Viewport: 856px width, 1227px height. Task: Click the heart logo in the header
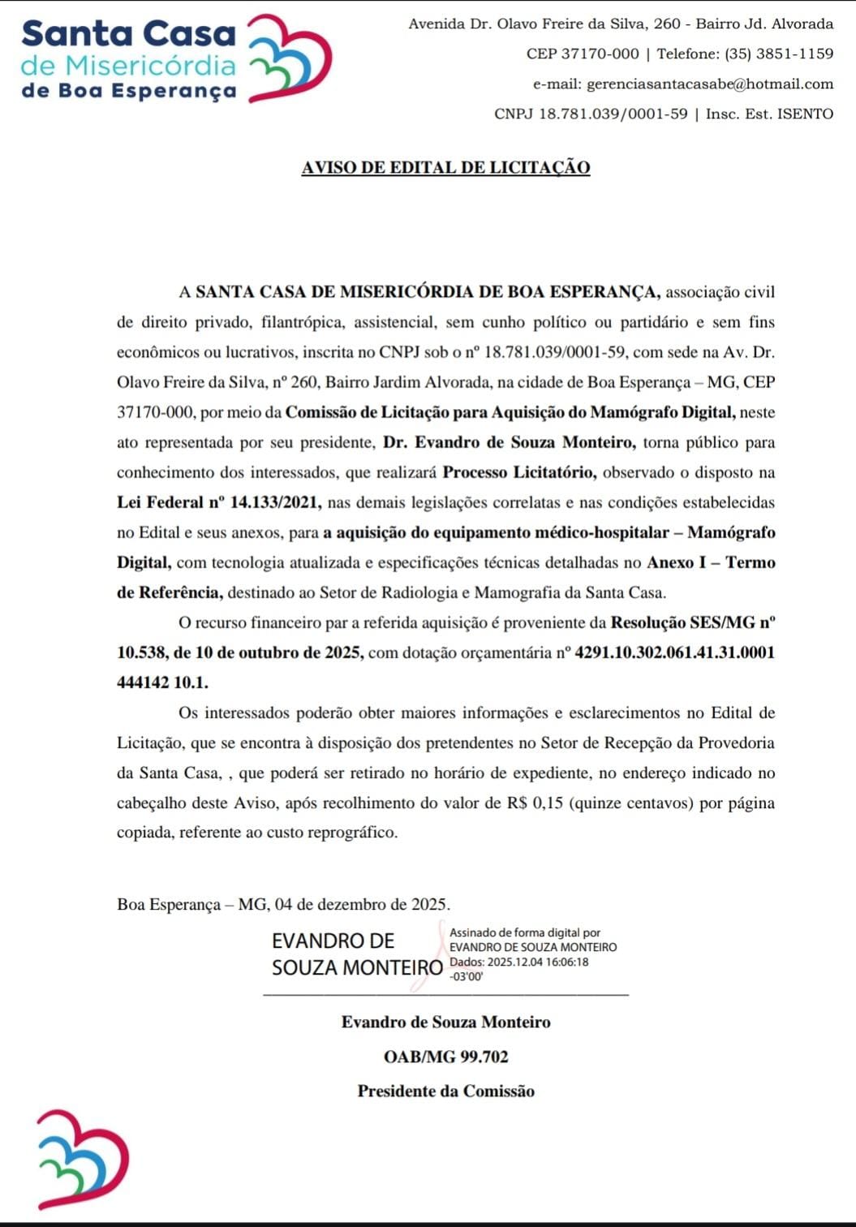pyautogui.click(x=289, y=58)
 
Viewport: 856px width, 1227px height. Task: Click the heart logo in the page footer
pyautogui.click(x=83, y=1159)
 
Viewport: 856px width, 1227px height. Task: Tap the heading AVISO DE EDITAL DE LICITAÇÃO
pyautogui.click(x=445, y=167)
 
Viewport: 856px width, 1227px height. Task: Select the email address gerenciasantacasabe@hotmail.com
pyautogui.click(x=710, y=84)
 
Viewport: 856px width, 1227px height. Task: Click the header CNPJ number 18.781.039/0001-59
pyautogui.click(x=613, y=114)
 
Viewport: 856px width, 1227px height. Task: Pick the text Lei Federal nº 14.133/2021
pyautogui.click(x=219, y=502)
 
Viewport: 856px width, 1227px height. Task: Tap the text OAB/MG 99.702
pyautogui.click(x=445, y=1057)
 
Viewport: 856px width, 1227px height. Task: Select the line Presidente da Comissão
pyautogui.click(x=445, y=1091)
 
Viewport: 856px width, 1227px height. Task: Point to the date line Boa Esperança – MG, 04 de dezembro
pyautogui.click(x=283, y=904)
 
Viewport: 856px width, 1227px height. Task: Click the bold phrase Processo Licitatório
pyautogui.click(x=519, y=472)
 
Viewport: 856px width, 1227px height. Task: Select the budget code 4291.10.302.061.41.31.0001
pyautogui.click(x=674, y=652)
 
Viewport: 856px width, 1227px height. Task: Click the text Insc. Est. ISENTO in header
pyautogui.click(x=769, y=114)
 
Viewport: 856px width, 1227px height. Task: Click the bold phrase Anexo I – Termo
pyautogui.click(x=711, y=562)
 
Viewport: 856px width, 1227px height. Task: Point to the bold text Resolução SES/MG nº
pyautogui.click(x=693, y=622)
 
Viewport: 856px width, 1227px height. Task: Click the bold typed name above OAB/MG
pyautogui.click(x=445, y=1022)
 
